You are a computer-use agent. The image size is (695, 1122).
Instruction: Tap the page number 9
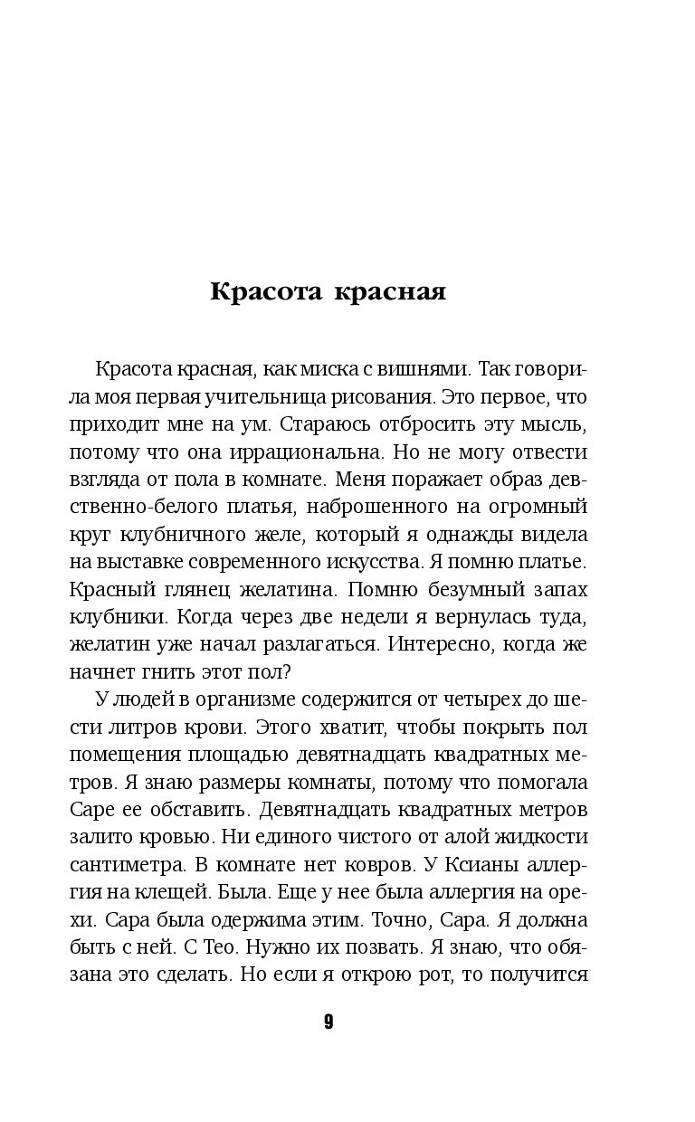point(328,1022)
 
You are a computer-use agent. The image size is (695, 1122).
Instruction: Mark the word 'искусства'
point(393,560)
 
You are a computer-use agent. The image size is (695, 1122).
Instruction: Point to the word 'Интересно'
point(469,644)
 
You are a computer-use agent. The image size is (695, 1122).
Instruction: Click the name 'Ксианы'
point(467,862)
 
